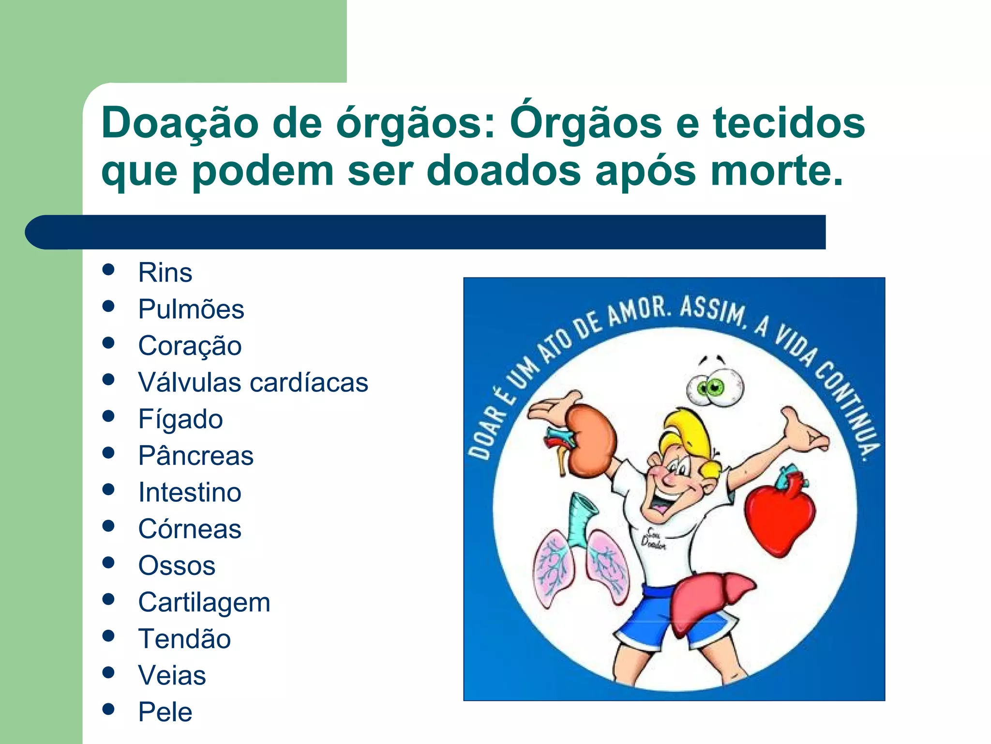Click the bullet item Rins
165,272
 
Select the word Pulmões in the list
191,309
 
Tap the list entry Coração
190,346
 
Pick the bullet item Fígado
180,419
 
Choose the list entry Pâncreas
195,456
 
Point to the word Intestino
190,493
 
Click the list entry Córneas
190,529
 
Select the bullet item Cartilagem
204,603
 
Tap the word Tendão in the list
184,639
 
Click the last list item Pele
165,712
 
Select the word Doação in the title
180,123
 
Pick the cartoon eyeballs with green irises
715,388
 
